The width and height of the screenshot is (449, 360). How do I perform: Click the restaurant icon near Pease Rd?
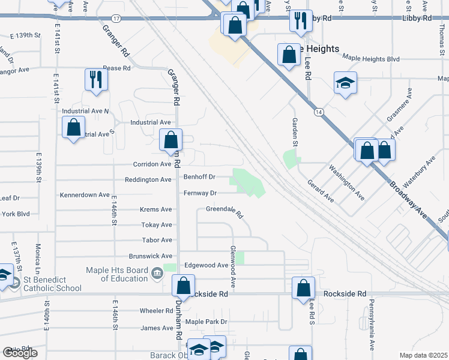point(95,79)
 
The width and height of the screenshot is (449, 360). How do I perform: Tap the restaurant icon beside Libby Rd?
point(301,20)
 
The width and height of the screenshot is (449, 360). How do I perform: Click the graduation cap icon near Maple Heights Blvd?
point(345,83)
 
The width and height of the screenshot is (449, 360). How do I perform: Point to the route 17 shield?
point(116,19)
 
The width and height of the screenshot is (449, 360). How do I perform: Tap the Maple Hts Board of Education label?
point(116,274)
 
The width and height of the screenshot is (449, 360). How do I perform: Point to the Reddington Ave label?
point(148,179)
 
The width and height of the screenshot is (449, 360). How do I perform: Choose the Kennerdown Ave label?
point(85,195)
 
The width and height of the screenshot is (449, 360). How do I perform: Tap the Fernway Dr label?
point(200,193)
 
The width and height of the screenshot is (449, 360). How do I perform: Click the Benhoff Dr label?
point(199,177)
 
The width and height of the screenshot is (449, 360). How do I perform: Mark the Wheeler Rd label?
point(156,311)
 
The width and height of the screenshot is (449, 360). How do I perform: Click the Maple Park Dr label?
point(206,322)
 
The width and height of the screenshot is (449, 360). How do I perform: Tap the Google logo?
point(20,353)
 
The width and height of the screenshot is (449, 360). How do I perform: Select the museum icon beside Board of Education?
point(157,274)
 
